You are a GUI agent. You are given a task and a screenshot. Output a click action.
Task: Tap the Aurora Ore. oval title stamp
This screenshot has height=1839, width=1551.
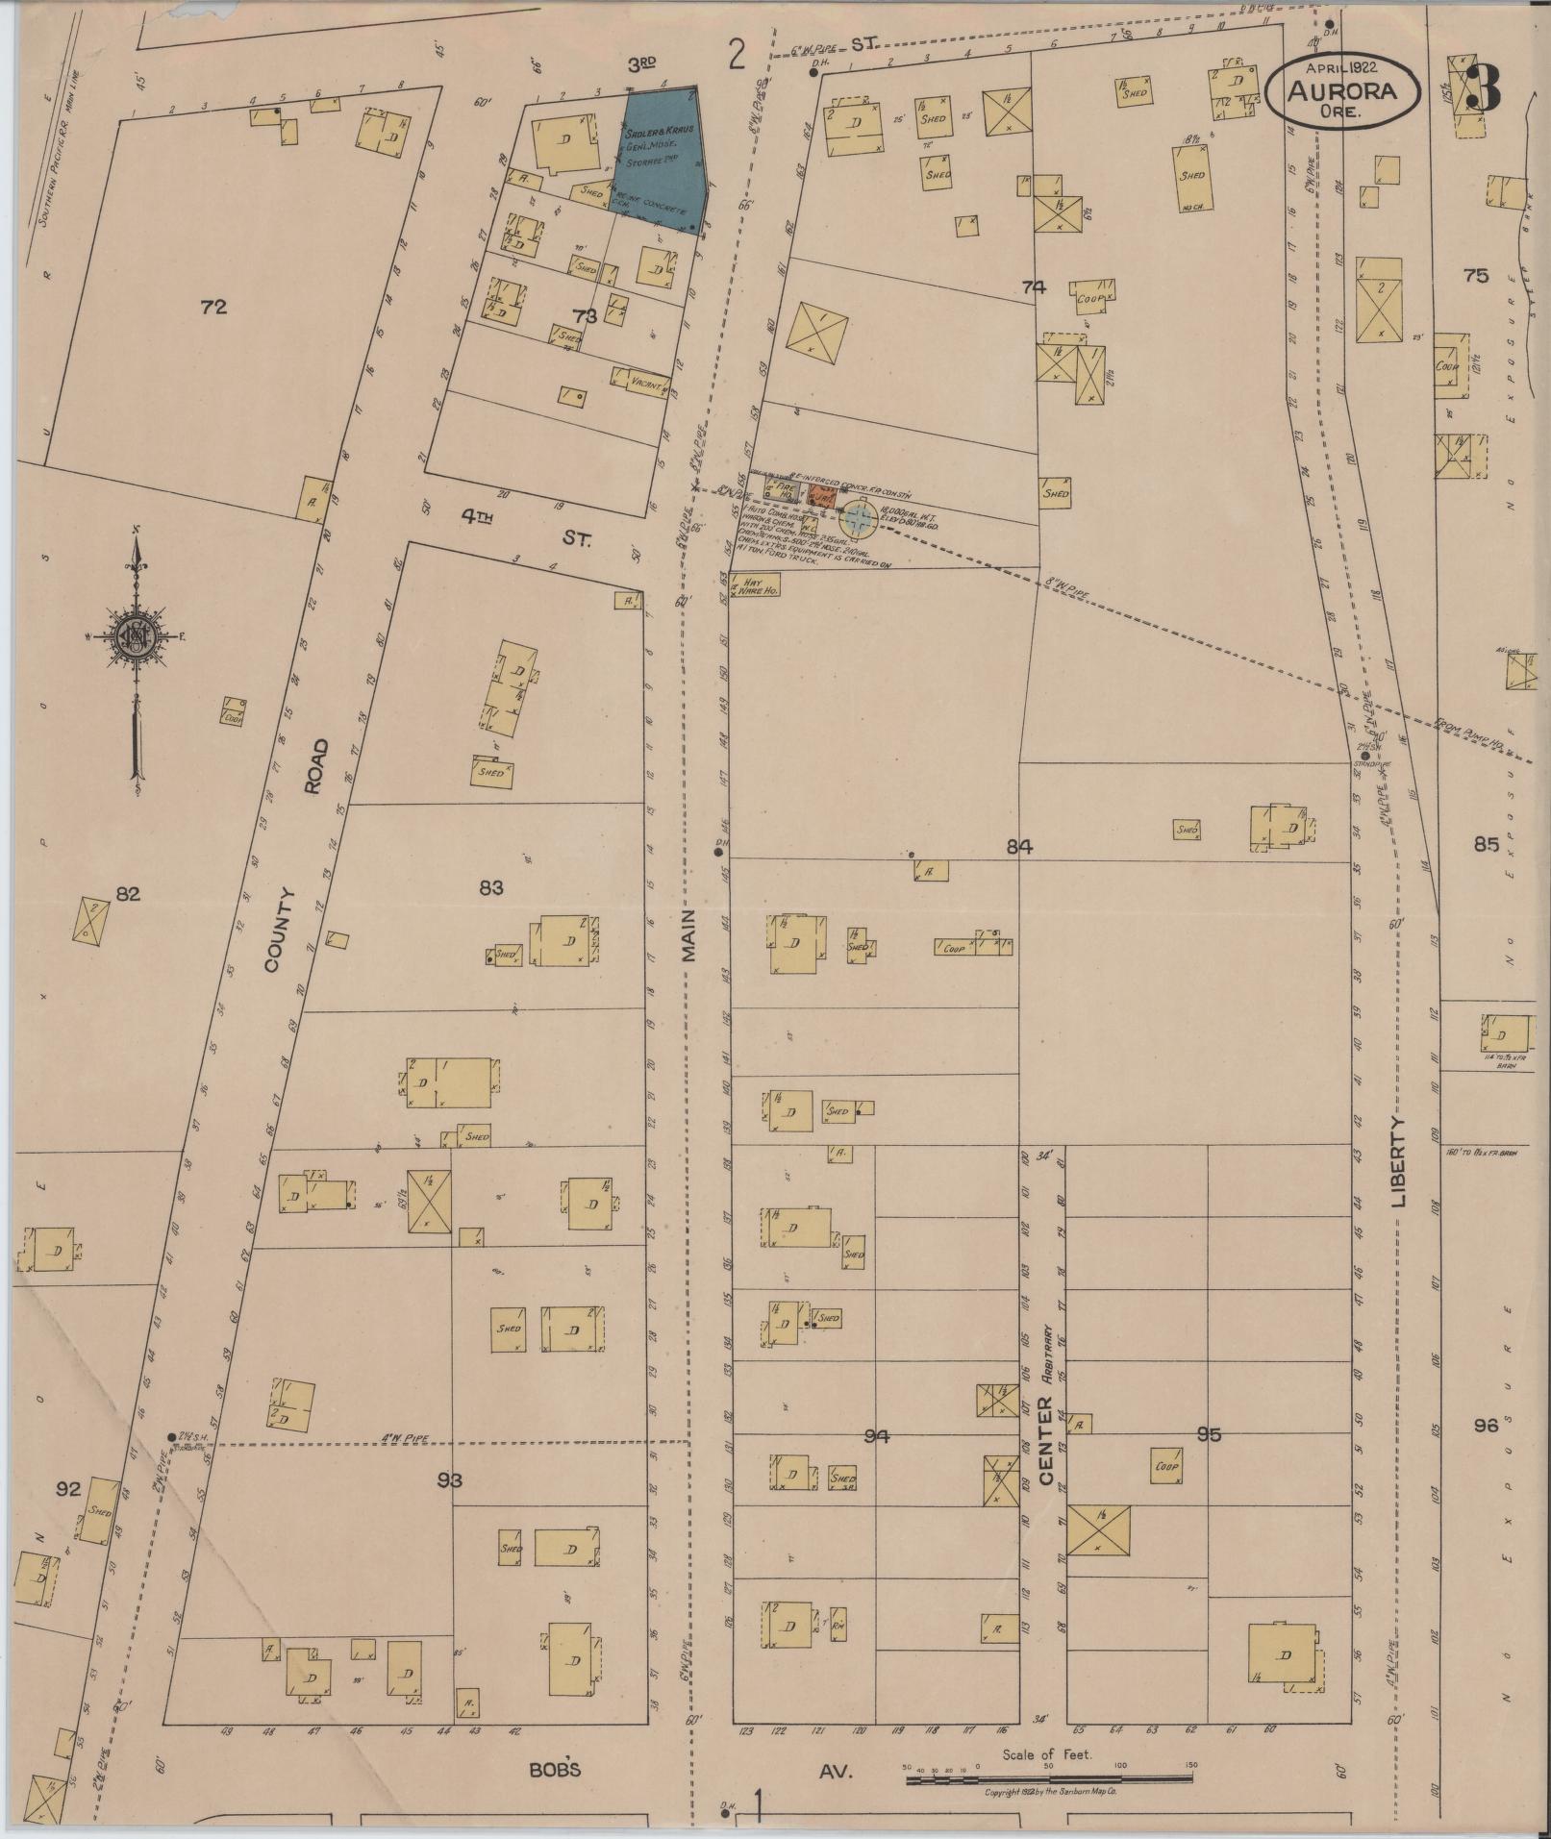1342,91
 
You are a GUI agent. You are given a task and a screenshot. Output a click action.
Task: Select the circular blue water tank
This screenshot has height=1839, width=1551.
858,520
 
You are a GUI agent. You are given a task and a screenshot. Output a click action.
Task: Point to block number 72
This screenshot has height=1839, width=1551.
213,308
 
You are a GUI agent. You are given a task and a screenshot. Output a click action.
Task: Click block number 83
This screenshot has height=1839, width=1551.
490,887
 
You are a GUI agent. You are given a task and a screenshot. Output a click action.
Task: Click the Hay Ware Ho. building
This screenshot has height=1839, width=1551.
755,586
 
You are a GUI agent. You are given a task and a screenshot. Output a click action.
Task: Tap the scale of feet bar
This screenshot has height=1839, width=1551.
1048,1779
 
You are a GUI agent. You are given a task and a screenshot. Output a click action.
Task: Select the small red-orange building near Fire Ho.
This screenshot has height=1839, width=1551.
820,496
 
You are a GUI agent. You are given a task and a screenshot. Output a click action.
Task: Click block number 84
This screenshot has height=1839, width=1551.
1019,847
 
